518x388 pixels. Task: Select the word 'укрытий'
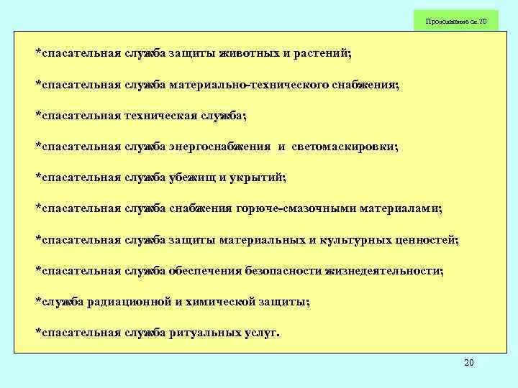coord(258,177)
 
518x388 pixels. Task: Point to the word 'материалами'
coord(401,208)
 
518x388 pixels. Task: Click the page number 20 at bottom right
coord(468,363)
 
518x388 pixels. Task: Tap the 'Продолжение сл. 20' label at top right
coord(456,22)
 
